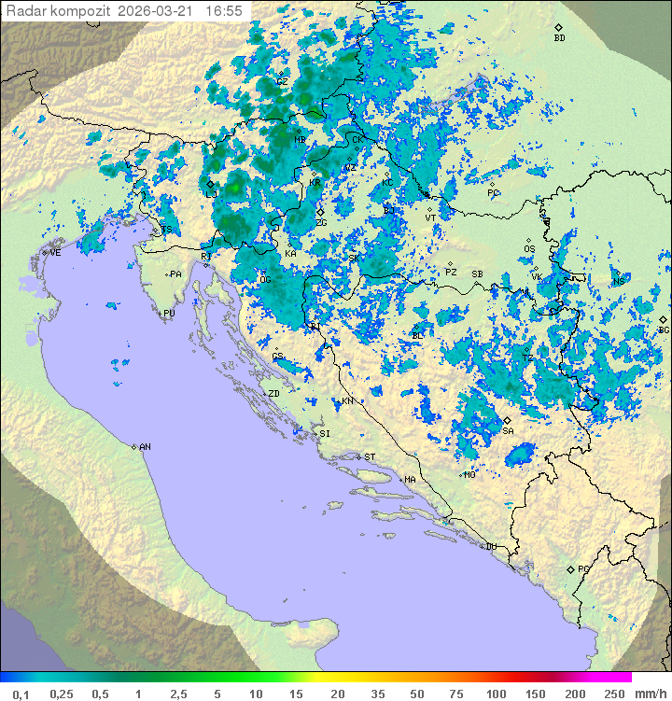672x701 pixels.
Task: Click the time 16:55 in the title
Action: click(x=224, y=11)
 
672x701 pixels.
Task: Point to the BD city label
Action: click(x=559, y=38)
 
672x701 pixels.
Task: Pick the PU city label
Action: click(x=169, y=314)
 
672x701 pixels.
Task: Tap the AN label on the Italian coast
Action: click(x=145, y=447)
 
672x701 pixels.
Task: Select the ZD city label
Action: click(x=273, y=394)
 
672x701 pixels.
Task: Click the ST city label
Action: click(x=370, y=457)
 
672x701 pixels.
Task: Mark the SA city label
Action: click(x=508, y=431)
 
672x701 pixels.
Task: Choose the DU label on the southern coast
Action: click(x=490, y=547)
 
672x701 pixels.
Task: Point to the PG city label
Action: click(x=583, y=568)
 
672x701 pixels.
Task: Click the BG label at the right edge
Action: click(x=664, y=329)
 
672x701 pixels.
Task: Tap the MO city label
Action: click(x=469, y=475)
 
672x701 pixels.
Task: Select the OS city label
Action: click(x=529, y=249)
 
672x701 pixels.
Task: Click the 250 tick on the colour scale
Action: click(x=614, y=694)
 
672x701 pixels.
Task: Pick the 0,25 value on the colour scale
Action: click(x=62, y=694)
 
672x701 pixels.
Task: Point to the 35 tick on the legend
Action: click(x=377, y=694)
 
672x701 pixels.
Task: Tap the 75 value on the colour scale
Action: click(x=456, y=694)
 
